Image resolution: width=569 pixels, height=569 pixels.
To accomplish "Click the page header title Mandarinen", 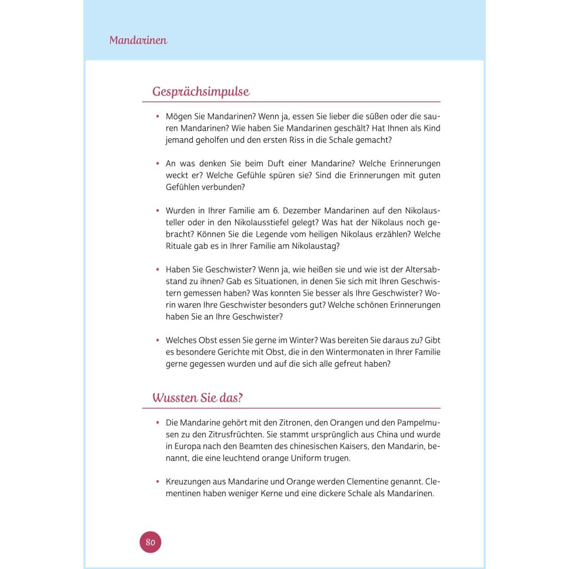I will [x=138, y=41].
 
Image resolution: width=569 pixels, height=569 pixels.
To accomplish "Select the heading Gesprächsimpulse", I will [x=201, y=92].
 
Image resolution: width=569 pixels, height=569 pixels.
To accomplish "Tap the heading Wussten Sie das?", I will [x=198, y=398].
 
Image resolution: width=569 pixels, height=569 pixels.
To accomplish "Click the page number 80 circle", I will [x=150, y=542].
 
